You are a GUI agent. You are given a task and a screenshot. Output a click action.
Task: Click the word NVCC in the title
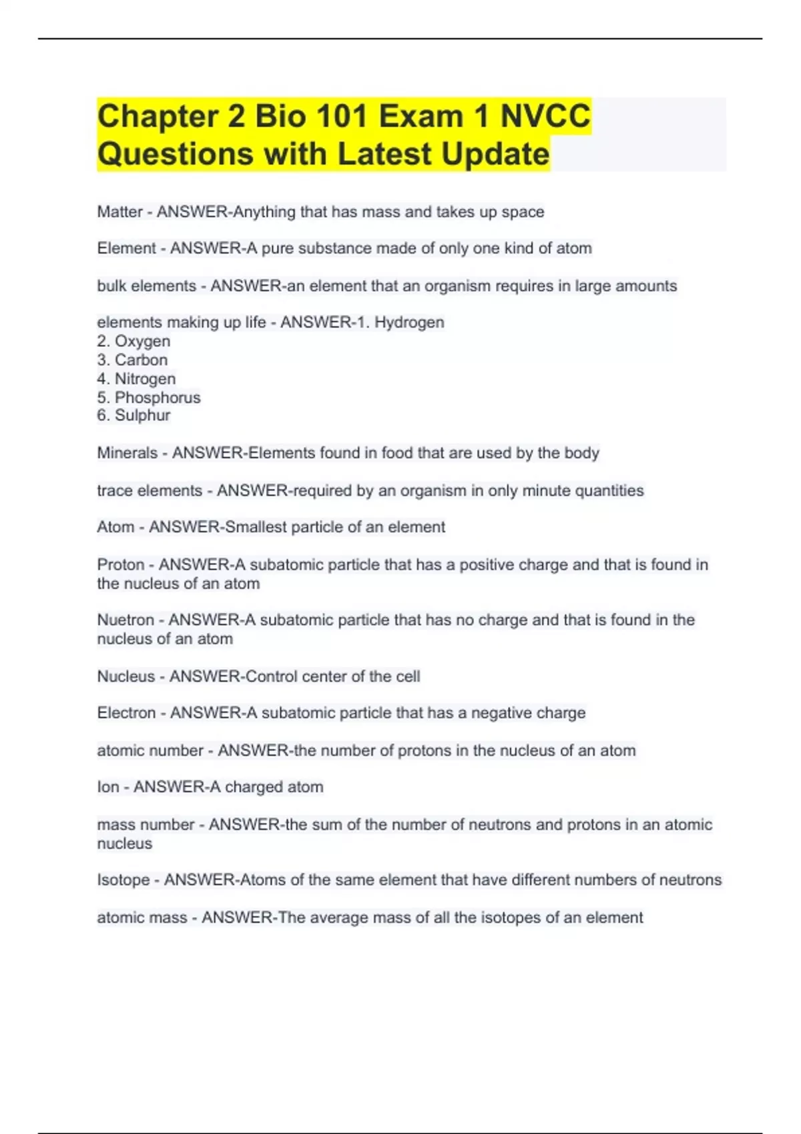click(545, 116)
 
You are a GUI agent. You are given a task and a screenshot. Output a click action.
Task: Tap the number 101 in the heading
click(342, 116)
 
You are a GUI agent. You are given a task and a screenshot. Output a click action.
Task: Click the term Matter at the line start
click(119, 212)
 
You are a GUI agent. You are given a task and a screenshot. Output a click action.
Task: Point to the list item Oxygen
click(142, 342)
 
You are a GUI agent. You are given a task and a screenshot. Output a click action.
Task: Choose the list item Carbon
click(141, 360)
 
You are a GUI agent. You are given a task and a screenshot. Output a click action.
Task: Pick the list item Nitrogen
click(145, 379)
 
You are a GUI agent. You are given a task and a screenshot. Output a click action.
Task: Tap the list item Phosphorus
click(158, 398)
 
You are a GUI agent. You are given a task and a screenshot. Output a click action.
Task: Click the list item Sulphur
click(142, 416)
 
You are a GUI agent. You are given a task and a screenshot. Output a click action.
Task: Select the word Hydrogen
click(409, 323)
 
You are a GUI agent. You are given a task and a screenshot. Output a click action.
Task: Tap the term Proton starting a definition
click(121, 565)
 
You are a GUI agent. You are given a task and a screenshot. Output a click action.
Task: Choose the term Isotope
click(123, 881)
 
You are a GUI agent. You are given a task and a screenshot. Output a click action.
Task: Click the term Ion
click(108, 787)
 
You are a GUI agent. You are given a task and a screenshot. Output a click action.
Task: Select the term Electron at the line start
click(126, 713)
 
